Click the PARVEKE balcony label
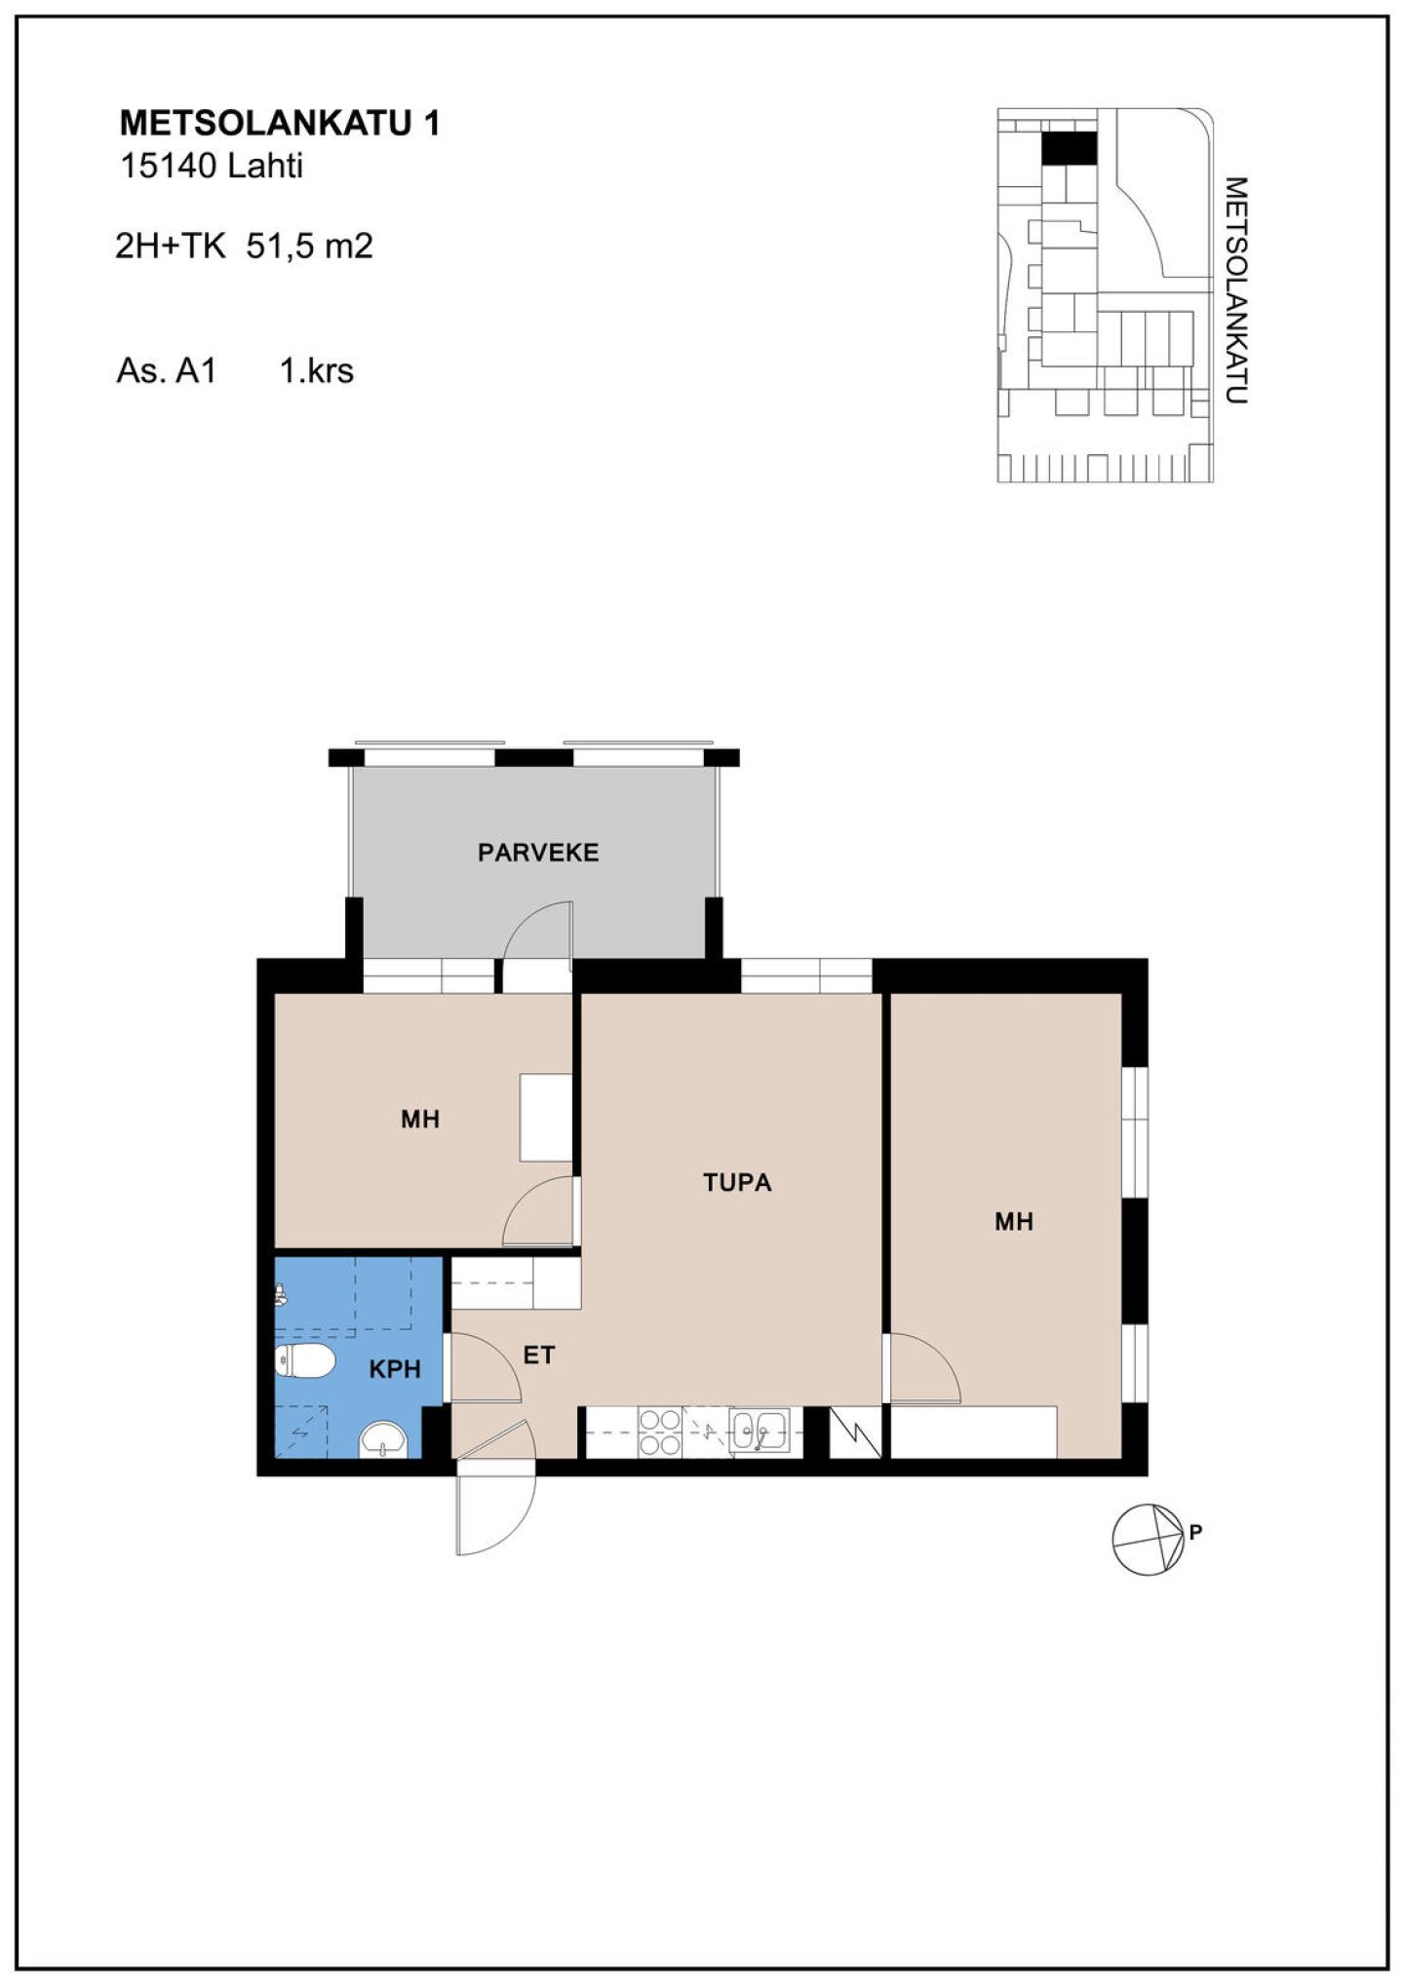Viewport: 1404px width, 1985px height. [538, 853]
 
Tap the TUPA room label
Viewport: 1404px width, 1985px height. [737, 1183]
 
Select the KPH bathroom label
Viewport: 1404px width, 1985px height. [395, 1369]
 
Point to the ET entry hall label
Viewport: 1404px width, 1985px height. [539, 1355]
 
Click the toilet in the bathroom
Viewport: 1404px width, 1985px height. [304, 1362]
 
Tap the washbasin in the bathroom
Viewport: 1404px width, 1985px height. [384, 1438]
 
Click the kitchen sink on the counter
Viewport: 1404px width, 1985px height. [760, 1431]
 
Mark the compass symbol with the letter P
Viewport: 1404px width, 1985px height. [1151, 1540]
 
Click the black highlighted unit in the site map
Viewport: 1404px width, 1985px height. [1070, 148]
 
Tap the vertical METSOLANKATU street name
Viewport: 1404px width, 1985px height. [1235, 289]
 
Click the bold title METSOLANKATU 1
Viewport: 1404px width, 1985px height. [280, 123]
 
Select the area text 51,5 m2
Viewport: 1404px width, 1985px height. [310, 246]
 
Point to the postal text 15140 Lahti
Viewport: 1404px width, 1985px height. [212, 166]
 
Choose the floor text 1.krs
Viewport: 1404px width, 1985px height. [317, 370]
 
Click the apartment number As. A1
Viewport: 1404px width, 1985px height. [166, 370]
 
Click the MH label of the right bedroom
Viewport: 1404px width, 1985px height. [1014, 1222]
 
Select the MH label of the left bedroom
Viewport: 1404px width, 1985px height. [420, 1120]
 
